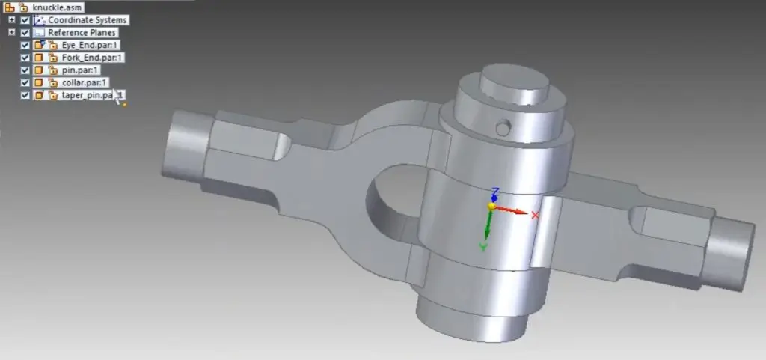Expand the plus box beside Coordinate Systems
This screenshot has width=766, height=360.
(x=12, y=20)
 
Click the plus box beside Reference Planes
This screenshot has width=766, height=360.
(x=12, y=33)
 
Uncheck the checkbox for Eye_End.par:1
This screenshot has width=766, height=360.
(x=25, y=46)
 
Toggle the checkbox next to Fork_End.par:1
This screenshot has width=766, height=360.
(x=25, y=58)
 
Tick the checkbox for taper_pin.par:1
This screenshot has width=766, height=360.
(x=25, y=95)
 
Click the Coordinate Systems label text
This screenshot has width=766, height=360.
(x=87, y=20)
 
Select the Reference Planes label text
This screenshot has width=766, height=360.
(x=82, y=33)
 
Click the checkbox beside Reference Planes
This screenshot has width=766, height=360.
(x=25, y=33)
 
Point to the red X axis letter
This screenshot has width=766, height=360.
(x=535, y=216)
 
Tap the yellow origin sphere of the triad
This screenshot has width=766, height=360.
(x=491, y=206)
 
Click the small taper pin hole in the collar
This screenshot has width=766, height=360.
(x=504, y=127)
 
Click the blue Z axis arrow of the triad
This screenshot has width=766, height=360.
(x=491, y=194)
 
